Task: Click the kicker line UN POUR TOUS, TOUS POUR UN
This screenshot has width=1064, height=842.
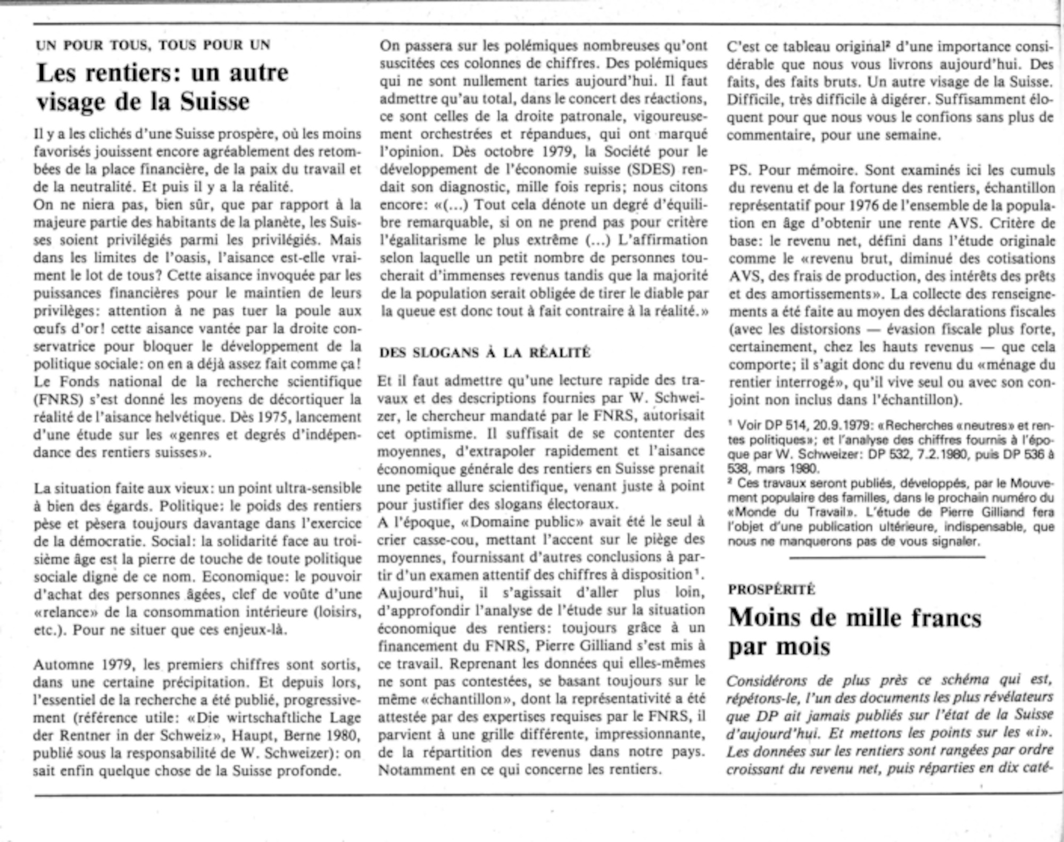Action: click(x=153, y=45)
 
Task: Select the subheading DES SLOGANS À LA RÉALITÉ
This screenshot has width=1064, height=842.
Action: click(x=485, y=353)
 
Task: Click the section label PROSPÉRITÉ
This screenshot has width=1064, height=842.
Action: click(x=771, y=589)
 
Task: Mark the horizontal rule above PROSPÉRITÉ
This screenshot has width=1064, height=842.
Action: click(x=887, y=557)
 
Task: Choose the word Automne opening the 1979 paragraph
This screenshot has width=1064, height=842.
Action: click(x=60, y=664)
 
